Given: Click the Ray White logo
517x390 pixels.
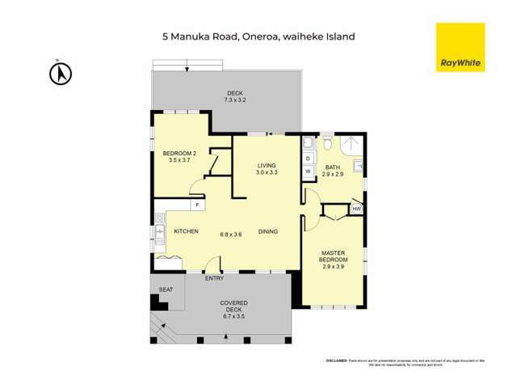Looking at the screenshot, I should click(x=460, y=47).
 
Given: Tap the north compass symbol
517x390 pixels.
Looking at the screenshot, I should click(x=61, y=74).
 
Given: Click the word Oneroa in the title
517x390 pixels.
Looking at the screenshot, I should click(x=258, y=36).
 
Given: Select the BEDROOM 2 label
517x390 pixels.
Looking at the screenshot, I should click(x=177, y=153).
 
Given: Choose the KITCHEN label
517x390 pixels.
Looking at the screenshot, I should click(x=187, y=231).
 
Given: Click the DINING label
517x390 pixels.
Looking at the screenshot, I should click(x=268, y=231).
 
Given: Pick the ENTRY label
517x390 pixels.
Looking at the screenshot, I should click(x=214, y=279).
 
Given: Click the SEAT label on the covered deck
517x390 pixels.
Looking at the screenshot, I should click(x=166, y=290).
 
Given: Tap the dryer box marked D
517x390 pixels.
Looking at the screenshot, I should click(x=308, y=159).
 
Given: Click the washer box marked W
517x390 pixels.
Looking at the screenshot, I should click(x=308, y=172).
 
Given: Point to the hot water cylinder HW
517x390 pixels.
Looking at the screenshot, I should click(x=356, y=209).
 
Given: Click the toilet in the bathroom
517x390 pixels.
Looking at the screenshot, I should click(x=327, y=143).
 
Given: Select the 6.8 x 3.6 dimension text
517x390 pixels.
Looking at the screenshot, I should click(x=231, y=235).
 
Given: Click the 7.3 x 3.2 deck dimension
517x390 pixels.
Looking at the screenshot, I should click(x=234, y=100).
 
